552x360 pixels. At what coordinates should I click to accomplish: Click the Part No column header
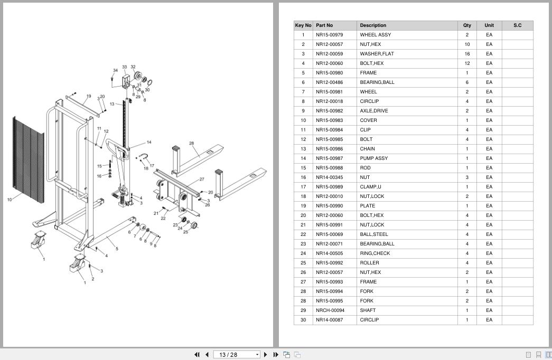[x=324, y=25]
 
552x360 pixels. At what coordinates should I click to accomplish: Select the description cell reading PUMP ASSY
[x=373, y=158]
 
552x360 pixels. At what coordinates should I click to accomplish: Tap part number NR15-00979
[x=329, y=35]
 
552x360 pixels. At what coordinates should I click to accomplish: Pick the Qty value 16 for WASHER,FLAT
[x=467, y=54]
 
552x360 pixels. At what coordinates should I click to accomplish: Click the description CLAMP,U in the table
[x=370, y=187]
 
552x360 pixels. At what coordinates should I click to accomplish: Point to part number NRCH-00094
[x=330, y=310]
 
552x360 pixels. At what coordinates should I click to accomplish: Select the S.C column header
[x=518, y=25]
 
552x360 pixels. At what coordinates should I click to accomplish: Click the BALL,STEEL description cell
[x=374, y=234]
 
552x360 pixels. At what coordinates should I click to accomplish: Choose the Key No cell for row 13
[x=303, y=149]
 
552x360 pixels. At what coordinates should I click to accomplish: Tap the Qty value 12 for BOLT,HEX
[x=467, y=63]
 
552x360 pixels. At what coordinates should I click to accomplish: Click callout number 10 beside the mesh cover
[x=10, y=200]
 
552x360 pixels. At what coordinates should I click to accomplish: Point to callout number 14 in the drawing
[x=149, y=142]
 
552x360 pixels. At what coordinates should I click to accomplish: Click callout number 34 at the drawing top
[x=115, y=70]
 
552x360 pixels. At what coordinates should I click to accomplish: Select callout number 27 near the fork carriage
[x=202, y=179]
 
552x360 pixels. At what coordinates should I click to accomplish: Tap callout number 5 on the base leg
[x=117, y=249]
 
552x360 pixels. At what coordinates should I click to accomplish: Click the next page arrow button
[x=266, y=355]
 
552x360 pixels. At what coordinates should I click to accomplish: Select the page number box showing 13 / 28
[x=236, y=355]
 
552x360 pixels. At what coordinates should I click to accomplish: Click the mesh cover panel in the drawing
[x=29, y=160]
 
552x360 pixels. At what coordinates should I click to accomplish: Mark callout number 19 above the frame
[x=88, y=96]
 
